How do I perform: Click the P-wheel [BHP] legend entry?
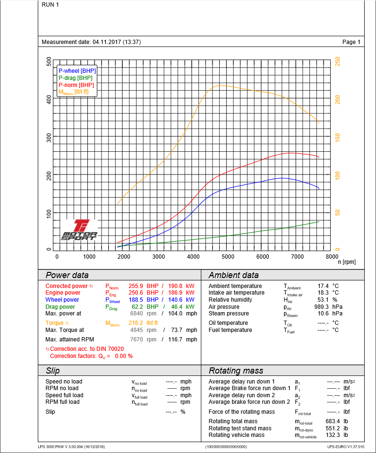[77, 71]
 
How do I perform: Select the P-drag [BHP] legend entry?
[76, 78]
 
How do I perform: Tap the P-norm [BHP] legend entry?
[76, 85]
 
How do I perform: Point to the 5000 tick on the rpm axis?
[228, 257]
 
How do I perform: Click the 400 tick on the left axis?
[49, 99]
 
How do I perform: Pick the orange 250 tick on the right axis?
[338, 62]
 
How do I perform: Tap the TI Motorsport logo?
[79, 230]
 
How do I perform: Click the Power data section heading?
[67, 275]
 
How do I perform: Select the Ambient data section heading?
[233, 275]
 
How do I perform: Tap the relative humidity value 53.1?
[324, 300]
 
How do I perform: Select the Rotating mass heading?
[236, 371]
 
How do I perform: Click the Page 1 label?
[351, 42]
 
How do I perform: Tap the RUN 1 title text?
[51, 5]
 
